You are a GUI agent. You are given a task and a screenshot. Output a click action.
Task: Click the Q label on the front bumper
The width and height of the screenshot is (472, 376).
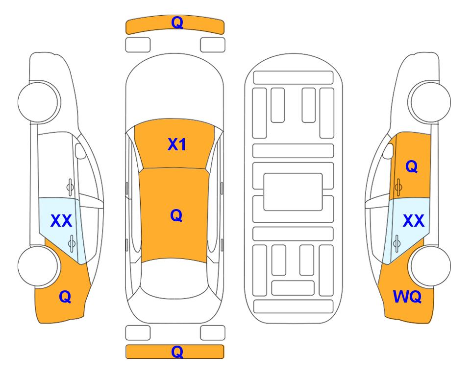pos(177,23)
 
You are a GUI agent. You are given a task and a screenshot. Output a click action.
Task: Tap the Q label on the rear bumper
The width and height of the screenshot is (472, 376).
pos(177,352)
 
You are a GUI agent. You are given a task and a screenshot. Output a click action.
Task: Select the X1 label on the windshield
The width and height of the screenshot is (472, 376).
pos(177,144)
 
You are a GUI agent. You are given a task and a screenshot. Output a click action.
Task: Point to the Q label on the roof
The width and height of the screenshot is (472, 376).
pos(176,215)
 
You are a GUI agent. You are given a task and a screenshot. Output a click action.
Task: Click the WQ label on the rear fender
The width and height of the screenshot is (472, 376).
pos(407,297)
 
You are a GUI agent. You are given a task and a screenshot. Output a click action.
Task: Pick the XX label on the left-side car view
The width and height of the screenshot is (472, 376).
pos(61,221)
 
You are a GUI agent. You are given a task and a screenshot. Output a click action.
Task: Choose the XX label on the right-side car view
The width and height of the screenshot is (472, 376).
pos(413,221)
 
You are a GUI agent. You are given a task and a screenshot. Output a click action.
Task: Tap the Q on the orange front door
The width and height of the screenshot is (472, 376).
pos(412,166)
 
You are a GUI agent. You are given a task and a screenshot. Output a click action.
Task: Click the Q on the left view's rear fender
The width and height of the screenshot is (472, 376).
pos(65,297)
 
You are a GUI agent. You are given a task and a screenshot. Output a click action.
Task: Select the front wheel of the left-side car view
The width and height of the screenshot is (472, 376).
pos(38,102)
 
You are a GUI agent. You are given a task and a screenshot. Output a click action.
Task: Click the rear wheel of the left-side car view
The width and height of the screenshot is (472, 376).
pos(38,266)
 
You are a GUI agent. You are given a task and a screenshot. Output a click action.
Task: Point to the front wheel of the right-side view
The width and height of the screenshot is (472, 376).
pos(430,102)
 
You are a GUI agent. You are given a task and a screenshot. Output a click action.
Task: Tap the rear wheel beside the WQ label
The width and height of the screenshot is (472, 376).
pos(430,266)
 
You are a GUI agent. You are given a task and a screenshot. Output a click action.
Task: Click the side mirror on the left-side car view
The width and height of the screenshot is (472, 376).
pos(80,151)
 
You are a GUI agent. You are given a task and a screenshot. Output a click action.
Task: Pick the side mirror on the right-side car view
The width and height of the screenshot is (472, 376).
pos(388,151)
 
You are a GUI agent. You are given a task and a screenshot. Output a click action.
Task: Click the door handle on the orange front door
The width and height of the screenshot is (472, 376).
pos(398,187)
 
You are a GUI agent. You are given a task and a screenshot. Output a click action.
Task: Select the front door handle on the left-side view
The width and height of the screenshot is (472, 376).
pos(70,187)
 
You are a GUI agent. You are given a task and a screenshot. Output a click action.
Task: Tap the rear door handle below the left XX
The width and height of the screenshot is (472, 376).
pos(72,243)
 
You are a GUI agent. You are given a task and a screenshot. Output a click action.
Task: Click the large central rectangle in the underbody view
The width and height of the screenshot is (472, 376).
pos(293,192)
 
